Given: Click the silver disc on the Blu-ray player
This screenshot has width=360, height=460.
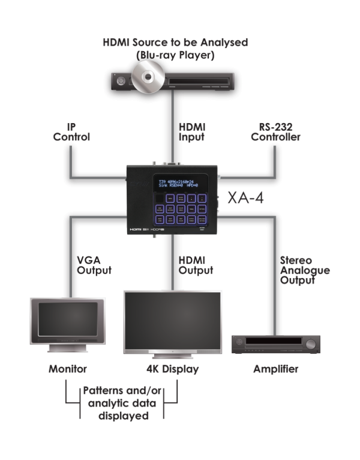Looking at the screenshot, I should pyautogui.click(x=146, y=76).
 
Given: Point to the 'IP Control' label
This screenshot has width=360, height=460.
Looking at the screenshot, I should pyautogui.click(x=71, y=132).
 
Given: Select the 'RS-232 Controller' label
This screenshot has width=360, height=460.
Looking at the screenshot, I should pyautogui.click(x=275, y=132).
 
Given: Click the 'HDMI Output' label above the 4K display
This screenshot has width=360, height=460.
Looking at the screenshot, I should pyautogui.click(x=196, y=265).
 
